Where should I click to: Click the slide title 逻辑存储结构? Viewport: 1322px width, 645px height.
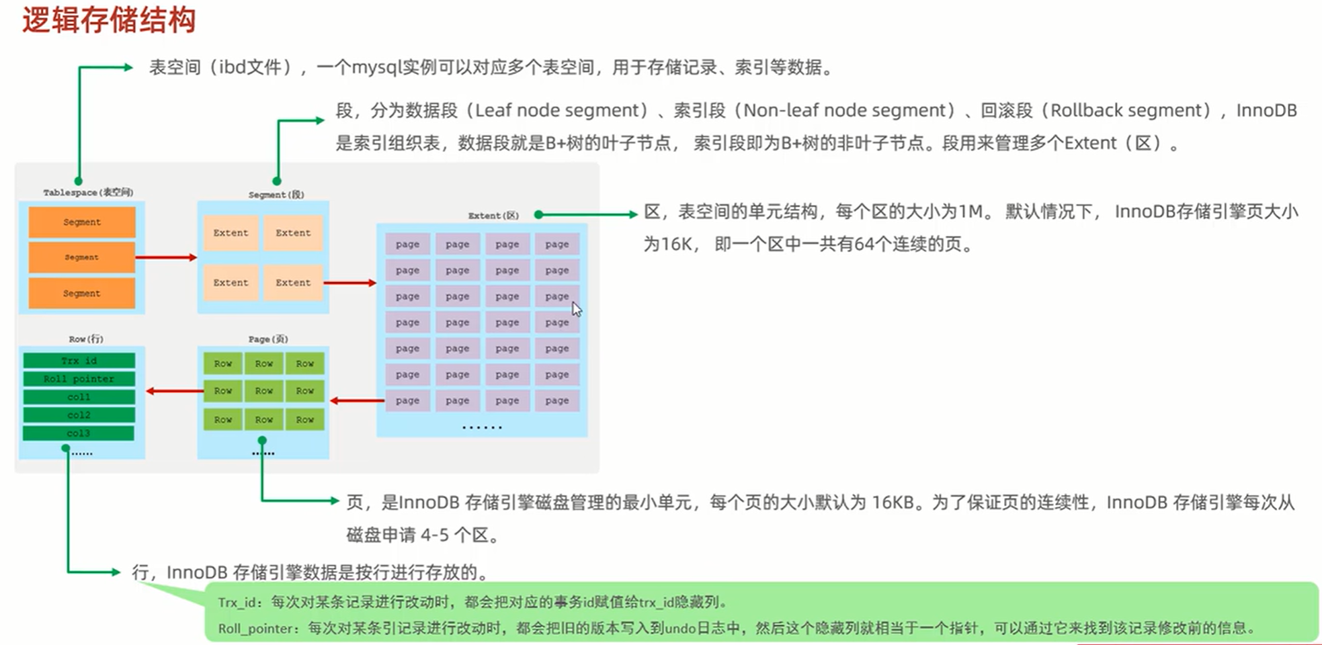109,20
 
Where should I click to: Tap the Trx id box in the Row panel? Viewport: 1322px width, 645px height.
79,361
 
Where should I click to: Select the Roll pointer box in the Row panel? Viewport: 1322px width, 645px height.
79,379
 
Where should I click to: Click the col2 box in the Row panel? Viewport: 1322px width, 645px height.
79,415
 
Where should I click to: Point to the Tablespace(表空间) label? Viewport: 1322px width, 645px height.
88,192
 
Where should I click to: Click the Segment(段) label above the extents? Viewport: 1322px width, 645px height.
276,194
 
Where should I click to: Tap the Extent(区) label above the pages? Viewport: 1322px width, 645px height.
493,215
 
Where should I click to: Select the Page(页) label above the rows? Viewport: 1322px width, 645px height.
268,339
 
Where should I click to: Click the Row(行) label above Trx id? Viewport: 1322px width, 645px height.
86,339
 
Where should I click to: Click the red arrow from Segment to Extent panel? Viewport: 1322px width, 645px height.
166,257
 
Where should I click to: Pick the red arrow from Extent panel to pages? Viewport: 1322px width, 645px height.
350,283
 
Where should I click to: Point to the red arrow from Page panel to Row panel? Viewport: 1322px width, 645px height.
175,391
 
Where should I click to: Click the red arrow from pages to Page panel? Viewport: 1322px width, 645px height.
357,401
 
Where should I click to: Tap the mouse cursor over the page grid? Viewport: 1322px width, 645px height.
576,308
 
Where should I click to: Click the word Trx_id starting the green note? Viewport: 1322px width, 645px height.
237,603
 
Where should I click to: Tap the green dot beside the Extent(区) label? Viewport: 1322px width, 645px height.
538,214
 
